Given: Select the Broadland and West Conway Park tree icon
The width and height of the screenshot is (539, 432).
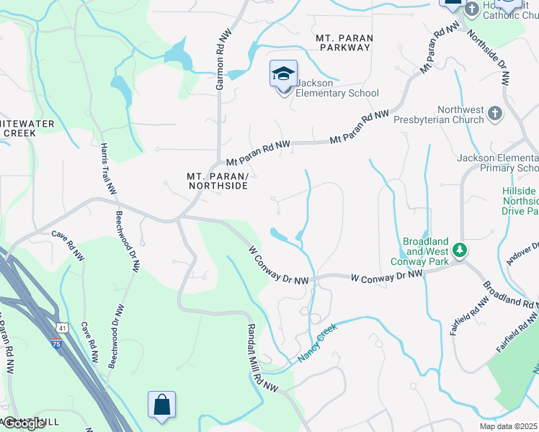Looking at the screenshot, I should (460, 251).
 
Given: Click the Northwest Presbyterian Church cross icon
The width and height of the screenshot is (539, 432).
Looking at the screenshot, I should (494, 113).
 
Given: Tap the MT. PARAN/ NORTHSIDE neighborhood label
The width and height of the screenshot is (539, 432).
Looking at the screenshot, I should (217, 181).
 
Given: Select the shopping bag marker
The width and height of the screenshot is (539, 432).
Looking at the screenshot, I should (161, 405).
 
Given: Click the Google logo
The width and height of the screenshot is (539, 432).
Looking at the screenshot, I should (24, 423).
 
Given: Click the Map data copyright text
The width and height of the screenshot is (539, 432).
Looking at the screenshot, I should (509, 426).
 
